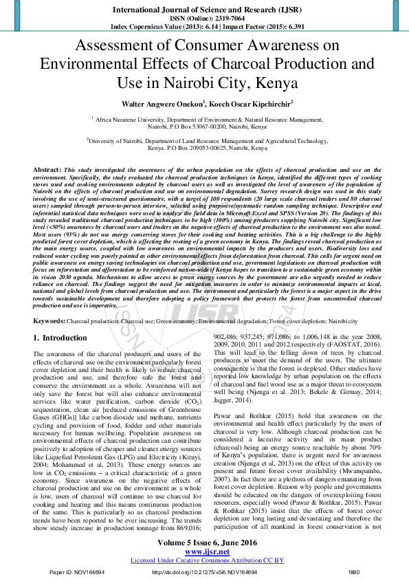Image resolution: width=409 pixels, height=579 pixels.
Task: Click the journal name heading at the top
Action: pos(204,11)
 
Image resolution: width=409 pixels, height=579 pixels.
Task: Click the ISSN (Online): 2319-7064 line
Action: pos(204,19)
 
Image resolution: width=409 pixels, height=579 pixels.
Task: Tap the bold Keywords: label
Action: pos(50,321)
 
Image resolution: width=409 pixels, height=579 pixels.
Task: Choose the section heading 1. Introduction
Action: pos(60,338)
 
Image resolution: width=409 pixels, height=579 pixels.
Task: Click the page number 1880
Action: pos(354,572)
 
